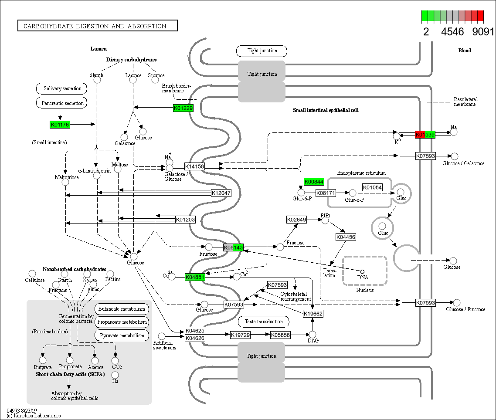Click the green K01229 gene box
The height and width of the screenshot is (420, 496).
[183, 108]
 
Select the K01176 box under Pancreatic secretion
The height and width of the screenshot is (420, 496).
[60, 125]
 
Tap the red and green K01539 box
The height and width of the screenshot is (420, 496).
[425, 135]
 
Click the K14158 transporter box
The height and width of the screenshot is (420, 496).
[194, 166]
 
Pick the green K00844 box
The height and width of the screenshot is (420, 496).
[314, 182]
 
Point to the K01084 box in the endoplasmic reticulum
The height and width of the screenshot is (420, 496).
[372, 188]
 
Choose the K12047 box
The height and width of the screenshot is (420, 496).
[221, 193]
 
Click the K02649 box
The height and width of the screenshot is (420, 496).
[296, 220]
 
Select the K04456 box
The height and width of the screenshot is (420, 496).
[346, 237]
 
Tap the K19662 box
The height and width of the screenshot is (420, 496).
[313, 313]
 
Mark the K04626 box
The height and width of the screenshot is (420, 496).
[195, 338]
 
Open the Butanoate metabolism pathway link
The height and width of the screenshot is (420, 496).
[122, 309]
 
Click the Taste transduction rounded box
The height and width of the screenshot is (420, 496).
[264, 322]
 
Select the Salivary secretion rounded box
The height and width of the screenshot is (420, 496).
[62, 88]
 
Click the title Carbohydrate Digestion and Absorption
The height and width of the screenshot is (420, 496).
[98, 26]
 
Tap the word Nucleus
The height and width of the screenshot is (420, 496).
[365, 290]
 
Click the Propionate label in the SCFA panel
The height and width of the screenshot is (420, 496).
[70, 367]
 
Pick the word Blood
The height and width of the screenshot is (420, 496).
[465, 51]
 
